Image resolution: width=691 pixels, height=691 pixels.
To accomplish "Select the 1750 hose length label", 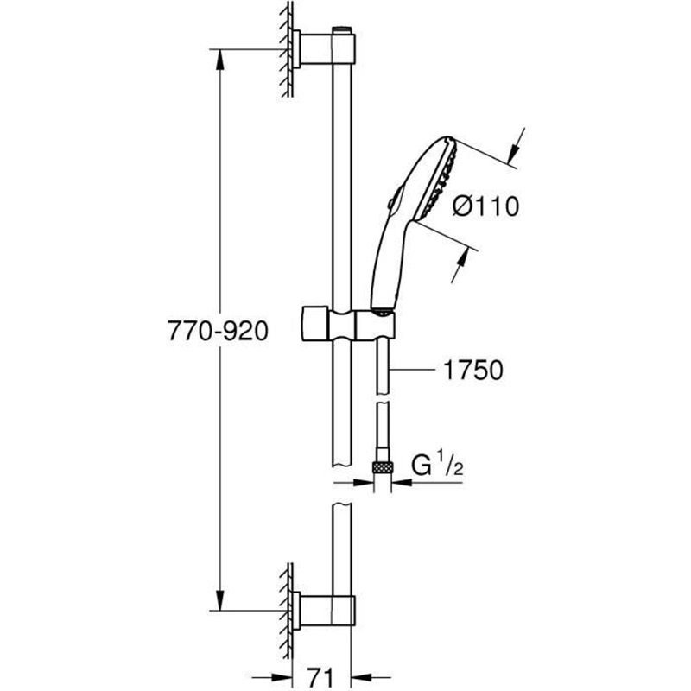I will coord(472,371).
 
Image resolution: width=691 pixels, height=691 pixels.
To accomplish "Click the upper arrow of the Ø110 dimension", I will coord(517,143).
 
